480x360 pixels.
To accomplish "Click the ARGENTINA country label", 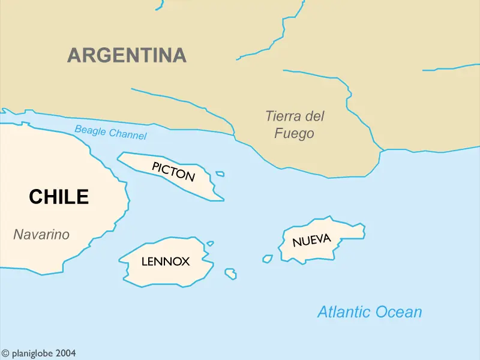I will tap(127, 55).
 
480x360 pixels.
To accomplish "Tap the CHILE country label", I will tap(59, 197).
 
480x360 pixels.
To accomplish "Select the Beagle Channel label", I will tap(110, 132).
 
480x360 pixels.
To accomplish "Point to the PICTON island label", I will tap(173, 172).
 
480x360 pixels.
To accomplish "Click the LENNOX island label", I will tap(166, 262).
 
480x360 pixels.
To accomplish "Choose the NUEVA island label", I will tap(311, 241).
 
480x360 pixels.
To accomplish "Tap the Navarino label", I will tap(41, 235).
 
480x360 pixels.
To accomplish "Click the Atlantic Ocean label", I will tap(370, 312).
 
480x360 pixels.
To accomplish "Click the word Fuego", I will tap(294, 133).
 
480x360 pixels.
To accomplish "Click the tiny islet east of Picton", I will tap(220, 174).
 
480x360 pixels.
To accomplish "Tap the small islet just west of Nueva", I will tap(268, 259).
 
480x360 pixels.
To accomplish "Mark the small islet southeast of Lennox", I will tap(230, 274).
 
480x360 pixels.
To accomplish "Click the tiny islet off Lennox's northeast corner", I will tap(210, 244).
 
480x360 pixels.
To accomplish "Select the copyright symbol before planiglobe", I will tap(5, 354).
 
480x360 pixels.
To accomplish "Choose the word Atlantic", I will tap(344, 312).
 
